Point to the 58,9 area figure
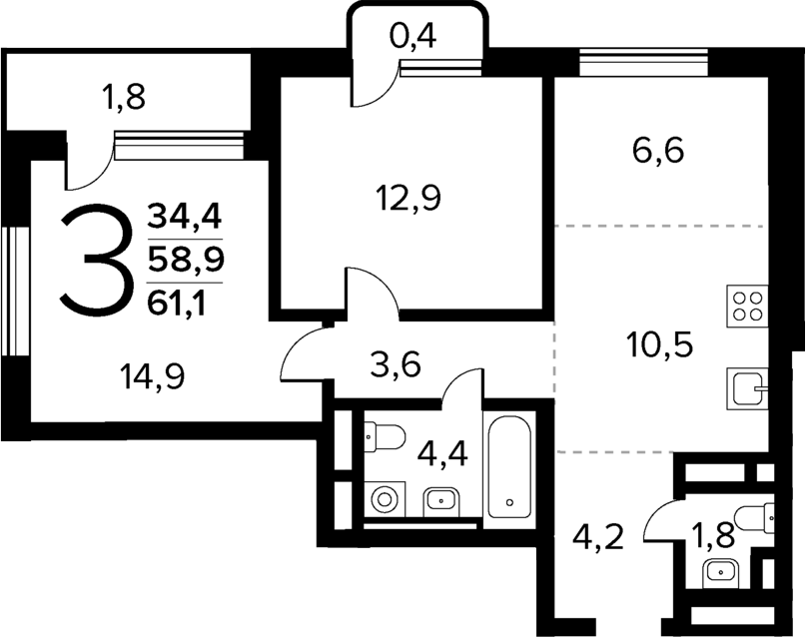[186, 259]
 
